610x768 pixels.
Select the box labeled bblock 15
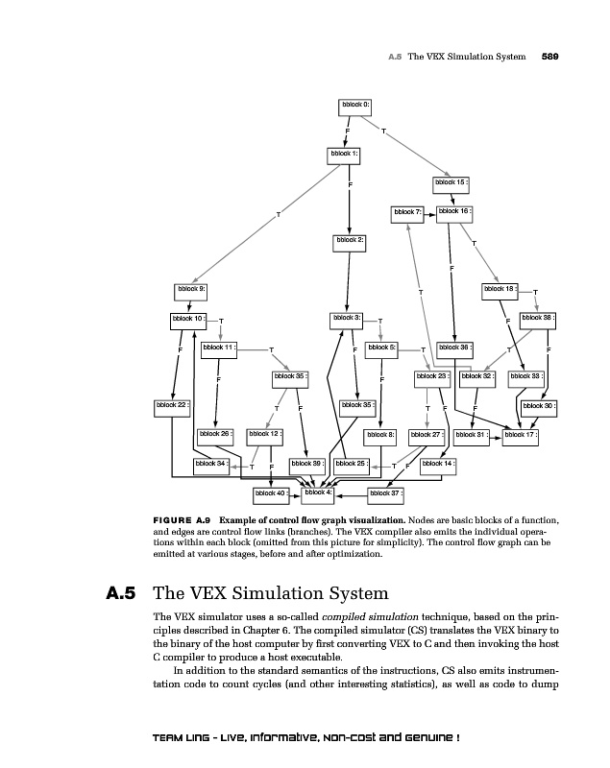click(451, 181)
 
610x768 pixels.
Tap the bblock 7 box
click(407, 211)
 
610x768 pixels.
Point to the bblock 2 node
click(350, 239)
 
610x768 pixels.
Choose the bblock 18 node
click(500, 288)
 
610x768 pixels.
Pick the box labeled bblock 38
click(538, 318)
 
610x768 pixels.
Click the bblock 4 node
click(318, 492)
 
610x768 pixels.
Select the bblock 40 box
click(271, 493)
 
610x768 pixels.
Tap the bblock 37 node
click(385, 493)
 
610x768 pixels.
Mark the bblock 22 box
click(173, 405)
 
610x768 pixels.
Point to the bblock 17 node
click(520, 435)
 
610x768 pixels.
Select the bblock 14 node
click(438, 464)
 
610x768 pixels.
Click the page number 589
click(550, 57)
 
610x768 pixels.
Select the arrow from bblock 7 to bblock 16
click(429, 211)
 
